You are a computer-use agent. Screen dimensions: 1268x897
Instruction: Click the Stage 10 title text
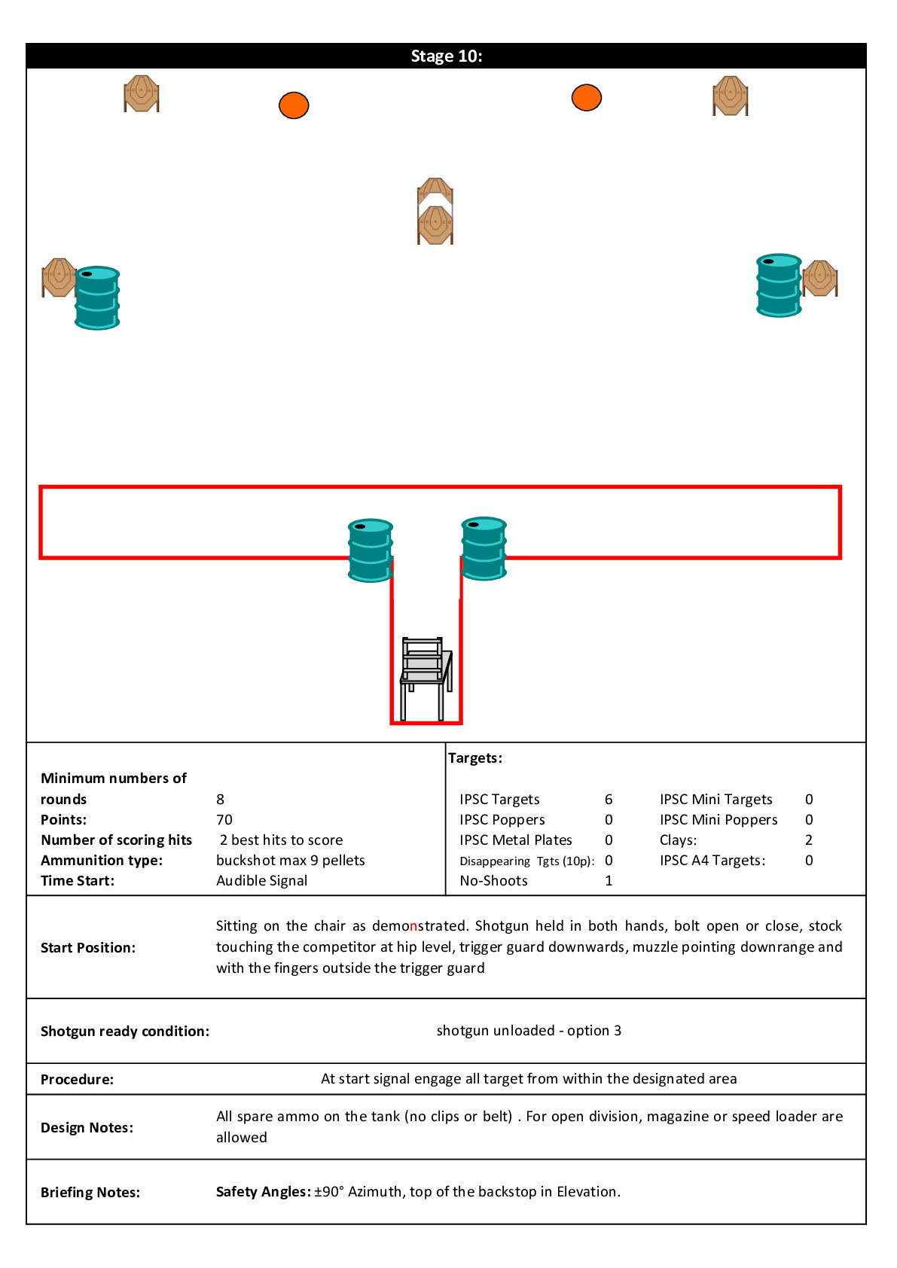(x=446, y=56)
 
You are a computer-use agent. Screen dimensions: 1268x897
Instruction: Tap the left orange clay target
(x=294, y=105)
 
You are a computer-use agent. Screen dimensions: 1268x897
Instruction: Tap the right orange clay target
(x=586, y=97)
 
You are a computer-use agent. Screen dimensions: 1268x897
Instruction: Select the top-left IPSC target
(x=142, y=93)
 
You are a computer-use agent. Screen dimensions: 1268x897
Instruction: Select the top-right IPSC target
(x=730, y=96)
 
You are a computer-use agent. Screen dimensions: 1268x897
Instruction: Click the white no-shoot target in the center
(x=435, y=194)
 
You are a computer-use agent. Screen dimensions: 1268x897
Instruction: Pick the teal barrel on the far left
(x=97, y=298)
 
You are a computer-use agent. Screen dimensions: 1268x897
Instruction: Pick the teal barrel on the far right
(x=779, y=285)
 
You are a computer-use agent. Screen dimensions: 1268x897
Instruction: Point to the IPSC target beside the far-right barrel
(x=820, y=278)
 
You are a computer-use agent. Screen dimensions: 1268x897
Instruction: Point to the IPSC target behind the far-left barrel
(x=57, y=277)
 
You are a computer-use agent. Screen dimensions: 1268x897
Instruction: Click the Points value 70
(x=224, y=820)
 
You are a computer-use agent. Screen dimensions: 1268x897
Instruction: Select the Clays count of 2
(x=809, y=840)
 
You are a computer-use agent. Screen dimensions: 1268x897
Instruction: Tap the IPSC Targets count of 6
(x=609, y=800)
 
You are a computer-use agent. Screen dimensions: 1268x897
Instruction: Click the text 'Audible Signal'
(x=261, y=881)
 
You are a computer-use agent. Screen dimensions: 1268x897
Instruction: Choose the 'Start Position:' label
(x=88, y=948)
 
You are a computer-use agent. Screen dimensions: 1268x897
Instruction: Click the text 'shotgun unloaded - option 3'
(x=529, y=1031)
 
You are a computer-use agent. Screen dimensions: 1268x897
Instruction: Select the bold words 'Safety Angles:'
(x=263, y=1192)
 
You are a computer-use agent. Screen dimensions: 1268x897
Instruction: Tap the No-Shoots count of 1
(x=609, y=881)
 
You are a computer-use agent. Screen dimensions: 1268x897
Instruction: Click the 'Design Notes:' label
(x=87, y=1128)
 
